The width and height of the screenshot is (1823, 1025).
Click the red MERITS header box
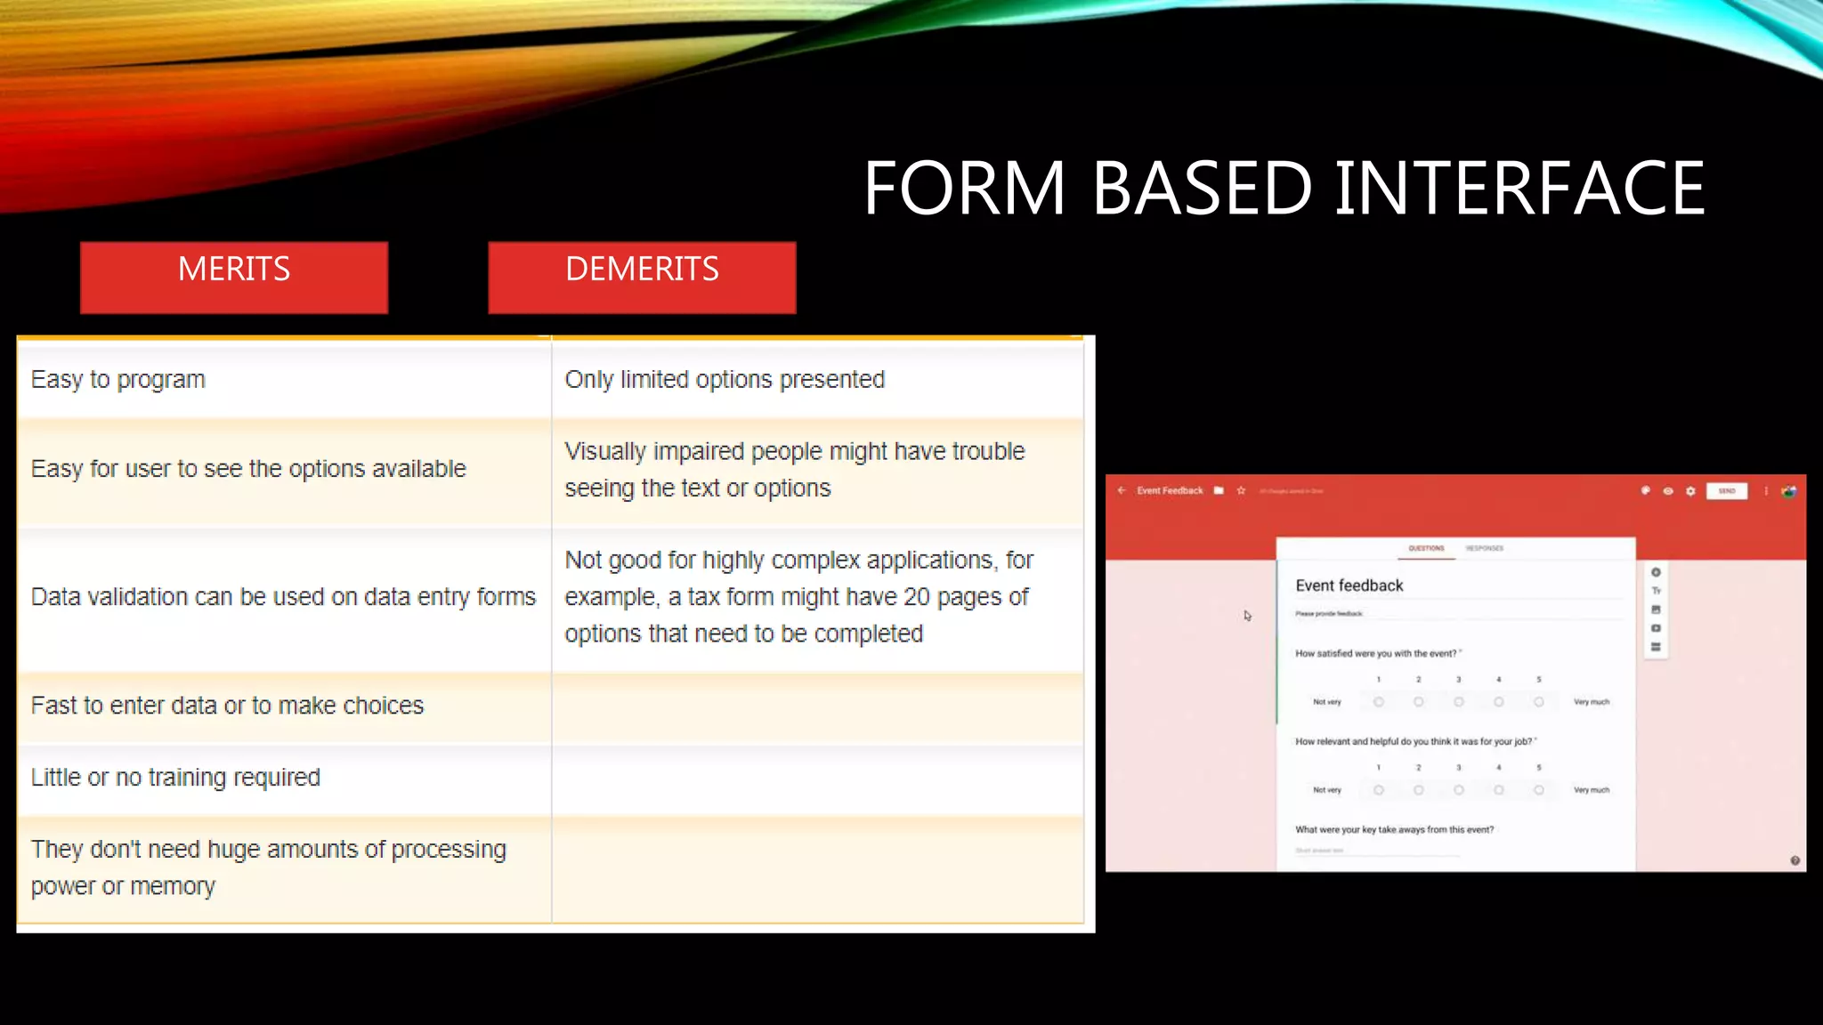point(233,277)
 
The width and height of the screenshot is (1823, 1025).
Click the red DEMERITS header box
point(642,277)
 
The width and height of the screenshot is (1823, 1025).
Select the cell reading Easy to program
point(118,380)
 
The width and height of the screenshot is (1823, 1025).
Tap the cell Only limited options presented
point(725,380)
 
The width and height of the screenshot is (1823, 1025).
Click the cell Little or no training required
point(175,778)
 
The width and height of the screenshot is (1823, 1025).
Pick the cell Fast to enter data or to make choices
point(227,706)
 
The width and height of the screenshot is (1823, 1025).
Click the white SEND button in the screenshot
point(1726,491)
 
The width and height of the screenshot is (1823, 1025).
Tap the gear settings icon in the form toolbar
point(1690,491)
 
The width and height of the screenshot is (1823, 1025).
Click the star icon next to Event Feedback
point(1241,491)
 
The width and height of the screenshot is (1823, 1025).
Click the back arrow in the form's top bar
point(1122,490)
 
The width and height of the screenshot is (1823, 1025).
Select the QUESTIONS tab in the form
point(1426,548)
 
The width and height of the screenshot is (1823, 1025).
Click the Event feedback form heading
point(1349,585)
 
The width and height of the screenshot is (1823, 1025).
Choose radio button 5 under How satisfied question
point(1538,702)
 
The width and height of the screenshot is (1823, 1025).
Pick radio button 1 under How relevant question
point(1378,790)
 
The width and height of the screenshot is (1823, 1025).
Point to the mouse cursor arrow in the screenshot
point(1247,615)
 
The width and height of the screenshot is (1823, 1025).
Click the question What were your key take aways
point(1394,829)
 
